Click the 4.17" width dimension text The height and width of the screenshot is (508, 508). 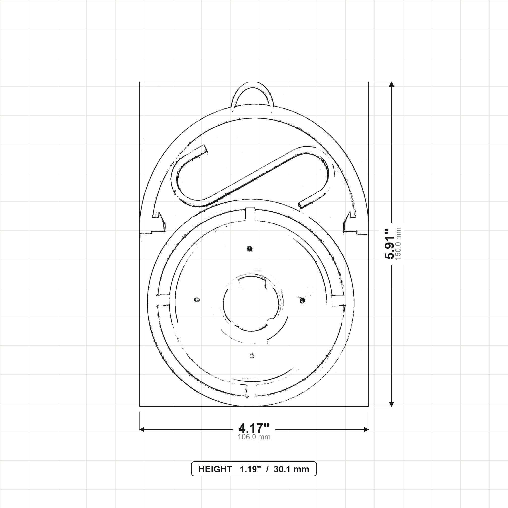click(254, 428)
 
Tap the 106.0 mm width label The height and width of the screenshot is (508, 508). click(254, 437)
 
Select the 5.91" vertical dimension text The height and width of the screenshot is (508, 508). click(390, 244)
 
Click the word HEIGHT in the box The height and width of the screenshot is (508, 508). click(215, 469)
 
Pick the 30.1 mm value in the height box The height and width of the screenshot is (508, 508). click(291, 469)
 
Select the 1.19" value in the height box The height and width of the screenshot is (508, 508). click(250, 469)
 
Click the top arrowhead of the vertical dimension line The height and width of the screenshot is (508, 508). click(391, 84)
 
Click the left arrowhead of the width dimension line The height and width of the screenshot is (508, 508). click(142, 430)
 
